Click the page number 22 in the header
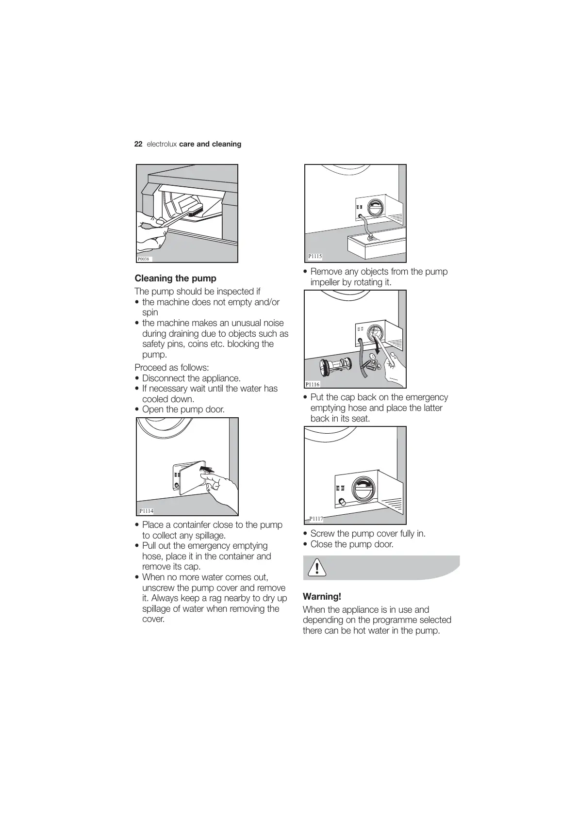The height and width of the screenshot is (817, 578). pyautogui.click(x=138, y=144)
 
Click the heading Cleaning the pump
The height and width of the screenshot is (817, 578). pyautogui.click(x=175, y=278)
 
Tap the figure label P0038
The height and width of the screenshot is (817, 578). pyautogui.click(x=143, y=259)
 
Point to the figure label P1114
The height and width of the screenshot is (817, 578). pyautogui.click(x=146, y=511)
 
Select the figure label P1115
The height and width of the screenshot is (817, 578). pyautogui.click(x=315, y=256)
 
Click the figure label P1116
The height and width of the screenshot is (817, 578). pyautogui.click(x=313, y=384)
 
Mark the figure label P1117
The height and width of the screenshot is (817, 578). pyautogui.click(x=316, y=519)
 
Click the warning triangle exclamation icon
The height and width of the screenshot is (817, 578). pyautogui.click(x=317, y=567)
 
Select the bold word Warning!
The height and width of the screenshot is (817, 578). pyautogui.click(x=322, y=597)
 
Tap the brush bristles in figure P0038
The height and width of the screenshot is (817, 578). pyautogui.click(x=196, y=211)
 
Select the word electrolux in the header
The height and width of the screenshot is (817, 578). pyautogui.click(x=162, y=144)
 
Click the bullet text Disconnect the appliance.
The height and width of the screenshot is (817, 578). pyautogui.click(x=191, y=378)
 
